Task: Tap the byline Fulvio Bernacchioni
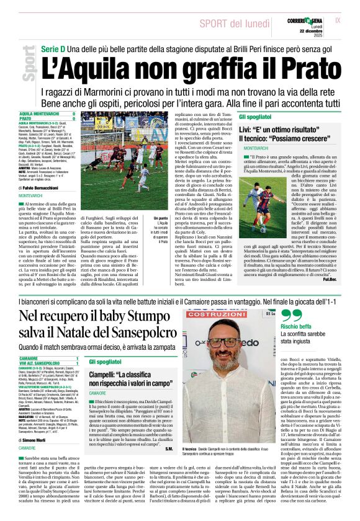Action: (41, 187)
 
